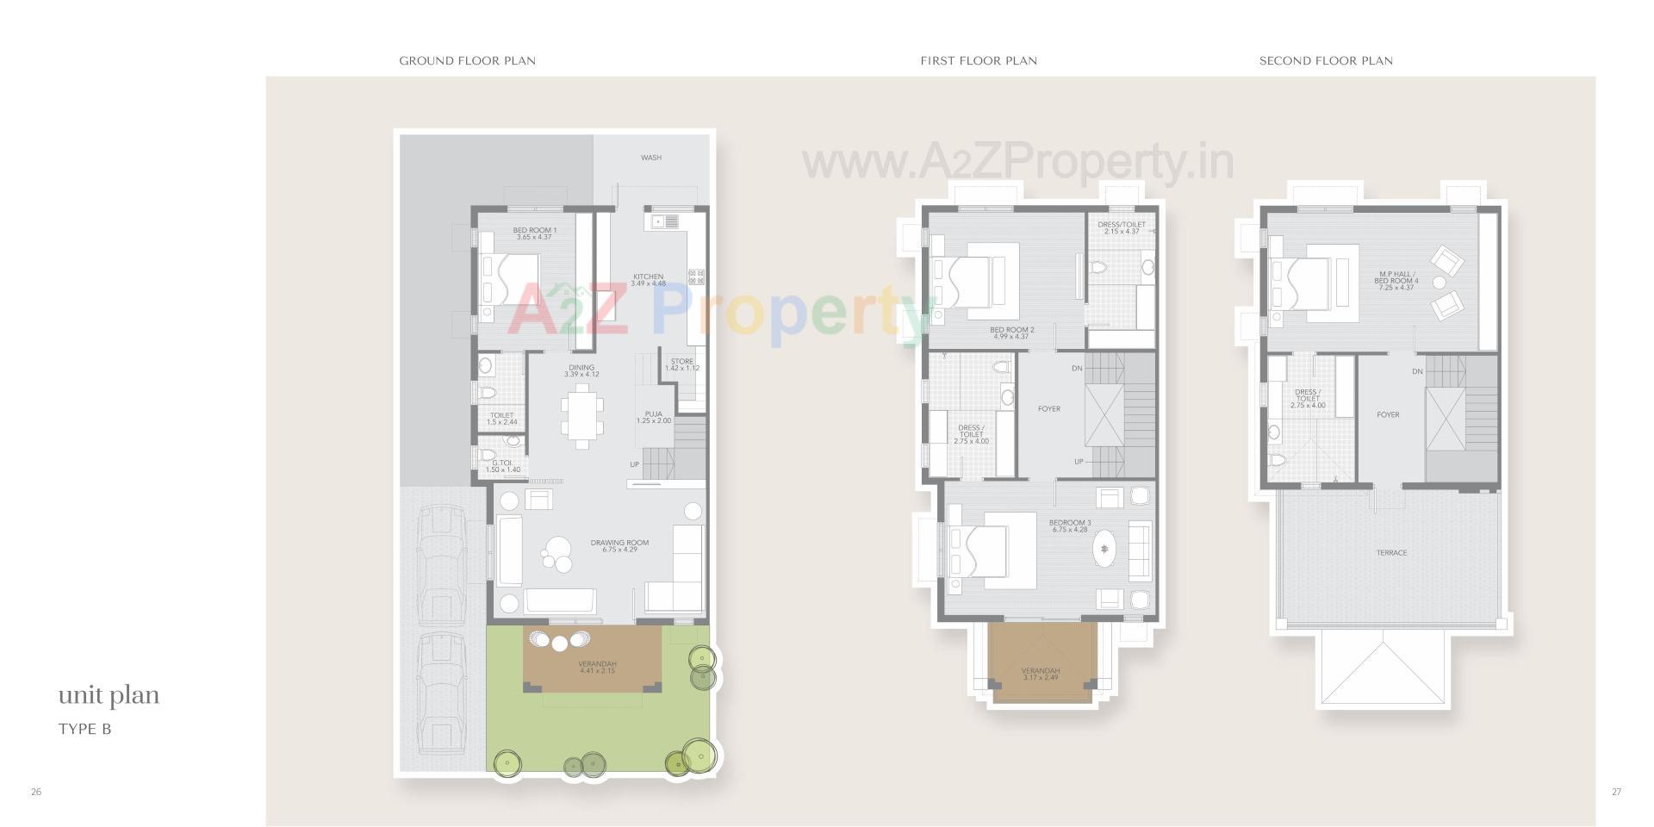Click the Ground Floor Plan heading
[x=467, y=60]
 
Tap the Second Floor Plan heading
[x=1326, y=60]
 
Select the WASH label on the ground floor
[x=651, y=158]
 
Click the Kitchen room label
[x=648, y=280]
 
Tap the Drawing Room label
[x=619, y=546]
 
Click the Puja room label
[x=653, y=417]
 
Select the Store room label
[x=681, y=364]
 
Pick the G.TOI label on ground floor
[x=502, y=466]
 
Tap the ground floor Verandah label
[x=597, y=667]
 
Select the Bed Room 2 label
[x=1011, y=333]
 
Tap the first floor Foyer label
[x=1048, y=409]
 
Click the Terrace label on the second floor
[x=1391, y=553]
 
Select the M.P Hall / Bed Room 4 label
[x=1396, y=281]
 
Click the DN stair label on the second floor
[x=1417, y=371]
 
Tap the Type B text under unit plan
[x=84, y=729]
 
